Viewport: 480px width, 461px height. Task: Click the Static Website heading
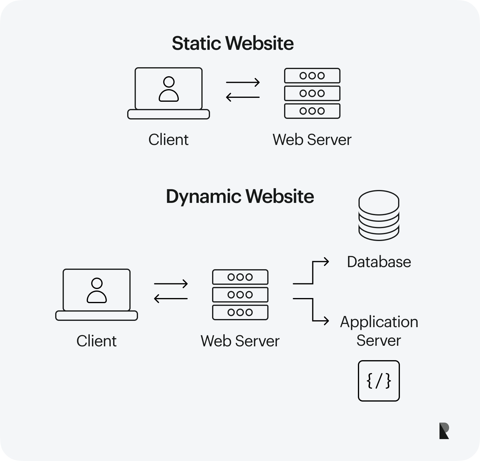tap(232, 43)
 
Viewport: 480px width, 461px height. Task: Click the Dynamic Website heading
tap(240, 197)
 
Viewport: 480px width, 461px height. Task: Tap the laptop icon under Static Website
tap(169, 93)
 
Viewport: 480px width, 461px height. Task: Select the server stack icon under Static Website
tap(312, 93)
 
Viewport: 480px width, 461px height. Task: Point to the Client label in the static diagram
tap(168, 140)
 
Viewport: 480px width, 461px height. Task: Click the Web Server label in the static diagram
tap(312, 140)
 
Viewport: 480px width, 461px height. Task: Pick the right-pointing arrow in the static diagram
tap(243, 82)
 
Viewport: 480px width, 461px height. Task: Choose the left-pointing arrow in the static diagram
tap(243, 97)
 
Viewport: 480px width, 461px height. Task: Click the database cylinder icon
tap(379, 215)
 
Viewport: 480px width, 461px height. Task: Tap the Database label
tap(379, 262)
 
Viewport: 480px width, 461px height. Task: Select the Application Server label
tap(379, 331)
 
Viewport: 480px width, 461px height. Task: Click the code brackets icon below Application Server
tap(379, 381)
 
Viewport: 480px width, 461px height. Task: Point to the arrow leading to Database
tap(312, 272)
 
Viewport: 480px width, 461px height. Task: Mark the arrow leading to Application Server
tap(312, 310)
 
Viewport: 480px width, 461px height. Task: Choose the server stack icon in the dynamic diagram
tap(240, 295)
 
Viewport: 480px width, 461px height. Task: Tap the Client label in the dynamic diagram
tap(96, 341)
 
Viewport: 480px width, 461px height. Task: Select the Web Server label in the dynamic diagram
tap(240, 341)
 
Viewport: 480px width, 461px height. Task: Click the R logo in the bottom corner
tap(444, 431)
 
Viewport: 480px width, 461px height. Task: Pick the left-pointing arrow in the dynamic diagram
tap(171, 299)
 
